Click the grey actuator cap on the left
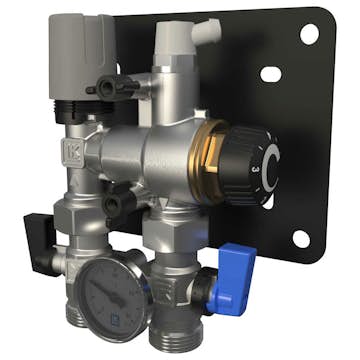tap(80, 45)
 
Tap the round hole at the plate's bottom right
tap(300, 238)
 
